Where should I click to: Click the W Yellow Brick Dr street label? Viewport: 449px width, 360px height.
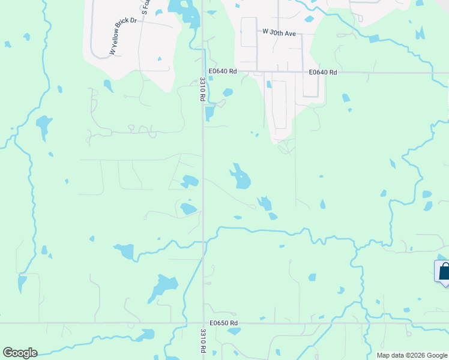[x=124, y=37]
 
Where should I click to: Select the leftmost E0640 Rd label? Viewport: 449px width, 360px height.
[x=224, y=71]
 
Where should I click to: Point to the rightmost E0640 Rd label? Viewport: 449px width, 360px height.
[x=323, y=72]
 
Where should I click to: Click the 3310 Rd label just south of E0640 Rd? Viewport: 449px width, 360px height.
[x=203, y=89]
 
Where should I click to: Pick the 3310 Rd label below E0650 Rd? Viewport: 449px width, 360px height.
[x=203, y=340]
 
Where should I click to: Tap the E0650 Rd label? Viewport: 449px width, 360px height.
[x=224, y=323]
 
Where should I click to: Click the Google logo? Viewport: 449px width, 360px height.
[x=20, y=353]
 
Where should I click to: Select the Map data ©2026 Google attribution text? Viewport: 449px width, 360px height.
[x=412, y=355]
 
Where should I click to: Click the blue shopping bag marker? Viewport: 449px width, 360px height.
[x=444, y=271]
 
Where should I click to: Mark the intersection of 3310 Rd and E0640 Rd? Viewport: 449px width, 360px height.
[x=203, y=72]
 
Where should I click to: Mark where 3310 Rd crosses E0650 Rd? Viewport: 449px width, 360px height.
[x=203, y=323]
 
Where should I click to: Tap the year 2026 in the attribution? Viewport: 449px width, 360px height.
[x=418, y=355]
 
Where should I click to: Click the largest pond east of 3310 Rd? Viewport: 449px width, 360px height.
[x=241, y=178]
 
